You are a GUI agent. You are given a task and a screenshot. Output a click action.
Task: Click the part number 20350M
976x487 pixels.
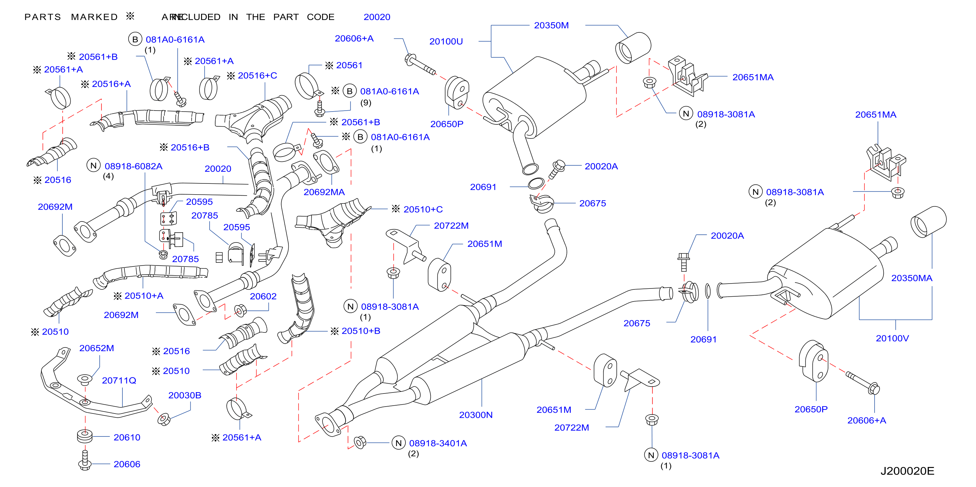point(551,25)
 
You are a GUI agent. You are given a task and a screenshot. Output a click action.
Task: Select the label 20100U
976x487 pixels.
point(446,41)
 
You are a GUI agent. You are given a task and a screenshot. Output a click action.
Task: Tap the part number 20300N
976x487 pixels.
point(476,415)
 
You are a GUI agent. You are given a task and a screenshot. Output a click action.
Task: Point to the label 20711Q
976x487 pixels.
point(119,380)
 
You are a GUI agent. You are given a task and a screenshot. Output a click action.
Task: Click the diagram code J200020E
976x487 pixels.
point(907,471)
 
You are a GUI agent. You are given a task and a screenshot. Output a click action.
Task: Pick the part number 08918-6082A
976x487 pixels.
point(134,166)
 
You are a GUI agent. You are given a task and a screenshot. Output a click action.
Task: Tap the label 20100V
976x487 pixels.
point(892,338)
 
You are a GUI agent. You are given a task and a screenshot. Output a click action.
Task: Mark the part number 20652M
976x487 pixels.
point(96,348)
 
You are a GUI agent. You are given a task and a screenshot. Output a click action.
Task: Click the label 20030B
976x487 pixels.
point(184,395)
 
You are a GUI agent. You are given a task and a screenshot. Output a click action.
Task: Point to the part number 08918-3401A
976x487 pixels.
point(438,443)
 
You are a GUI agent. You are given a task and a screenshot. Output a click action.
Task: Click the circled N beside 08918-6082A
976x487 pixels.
point(93,166)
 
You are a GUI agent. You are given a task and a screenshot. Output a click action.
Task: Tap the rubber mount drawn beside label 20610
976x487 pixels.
point(85,436)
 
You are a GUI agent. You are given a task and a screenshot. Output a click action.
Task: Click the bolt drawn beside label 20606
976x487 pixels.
point(85,460)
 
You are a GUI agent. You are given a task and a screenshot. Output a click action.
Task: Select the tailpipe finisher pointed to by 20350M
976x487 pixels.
point(633,48)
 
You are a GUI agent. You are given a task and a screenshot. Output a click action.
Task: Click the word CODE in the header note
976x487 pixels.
point(321,17)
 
